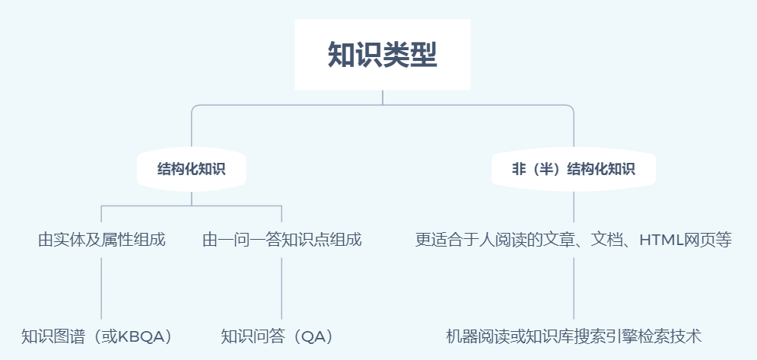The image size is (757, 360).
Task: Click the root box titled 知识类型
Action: [x=383, y=55]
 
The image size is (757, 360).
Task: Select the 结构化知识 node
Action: [x=191, y=169]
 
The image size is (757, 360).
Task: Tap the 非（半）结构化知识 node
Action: [x=574, y=169]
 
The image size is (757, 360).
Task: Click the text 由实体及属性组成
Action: [x=102, y=241]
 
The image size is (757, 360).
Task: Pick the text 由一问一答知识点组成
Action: [x=281, y=241]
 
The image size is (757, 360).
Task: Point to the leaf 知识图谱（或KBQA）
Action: [x=98, y=336]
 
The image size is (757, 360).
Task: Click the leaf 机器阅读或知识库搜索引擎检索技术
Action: [x=574, y=336]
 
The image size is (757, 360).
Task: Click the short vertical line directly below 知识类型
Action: [x=383, y=97]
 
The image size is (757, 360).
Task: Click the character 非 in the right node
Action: [x=519, y=169]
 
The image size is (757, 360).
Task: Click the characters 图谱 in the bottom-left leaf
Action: [x=71, y=336]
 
